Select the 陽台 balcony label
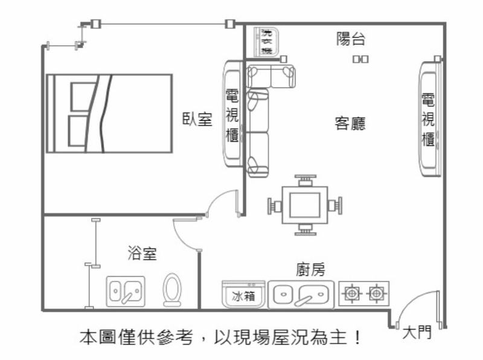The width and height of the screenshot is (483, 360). (x=351, y=40)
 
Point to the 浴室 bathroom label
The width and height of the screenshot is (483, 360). (x=142, y=254)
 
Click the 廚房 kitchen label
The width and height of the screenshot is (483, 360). (x=311, y=268)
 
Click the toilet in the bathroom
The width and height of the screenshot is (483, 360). (x=173, y=290)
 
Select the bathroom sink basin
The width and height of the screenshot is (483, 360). (x=126, y=291)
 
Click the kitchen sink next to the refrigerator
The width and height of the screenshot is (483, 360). (x=301, y=295)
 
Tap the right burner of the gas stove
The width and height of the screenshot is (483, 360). (x=376, y=294)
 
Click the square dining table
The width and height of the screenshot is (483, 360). (x=304, y=206)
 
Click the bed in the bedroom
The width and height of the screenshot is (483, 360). (x=109, y=114)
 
